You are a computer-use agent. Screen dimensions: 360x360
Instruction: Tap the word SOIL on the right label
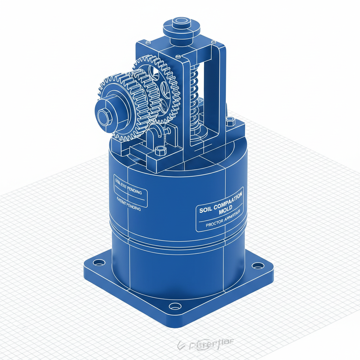pyautogui.click(x=205, y=210)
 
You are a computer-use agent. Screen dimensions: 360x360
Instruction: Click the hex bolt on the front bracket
pyautogui.click(x=160, y=150)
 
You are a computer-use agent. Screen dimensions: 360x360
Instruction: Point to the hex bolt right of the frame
pyautogui.click(x=231, y=121)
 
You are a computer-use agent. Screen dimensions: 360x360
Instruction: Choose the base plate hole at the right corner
pyautogui.click(x=258, y=265)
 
